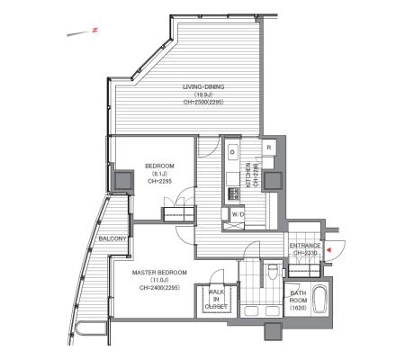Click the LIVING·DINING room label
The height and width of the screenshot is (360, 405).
[x=202, y=86]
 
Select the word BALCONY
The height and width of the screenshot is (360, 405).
[x=112, y=239]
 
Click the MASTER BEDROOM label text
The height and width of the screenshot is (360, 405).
[x=158, y=273]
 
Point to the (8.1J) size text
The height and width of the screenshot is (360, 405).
[x=159, y=174]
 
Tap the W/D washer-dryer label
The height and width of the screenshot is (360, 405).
[x=238, y=215]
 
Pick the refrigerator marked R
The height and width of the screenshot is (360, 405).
[x=268, y=148]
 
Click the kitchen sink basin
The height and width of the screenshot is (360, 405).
[x=231, y=150]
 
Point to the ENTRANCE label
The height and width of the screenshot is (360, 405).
[x=306, y=246]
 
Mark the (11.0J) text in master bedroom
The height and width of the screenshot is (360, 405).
[x=158, y=281]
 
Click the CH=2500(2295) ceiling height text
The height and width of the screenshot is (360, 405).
[x=202, y=103]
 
